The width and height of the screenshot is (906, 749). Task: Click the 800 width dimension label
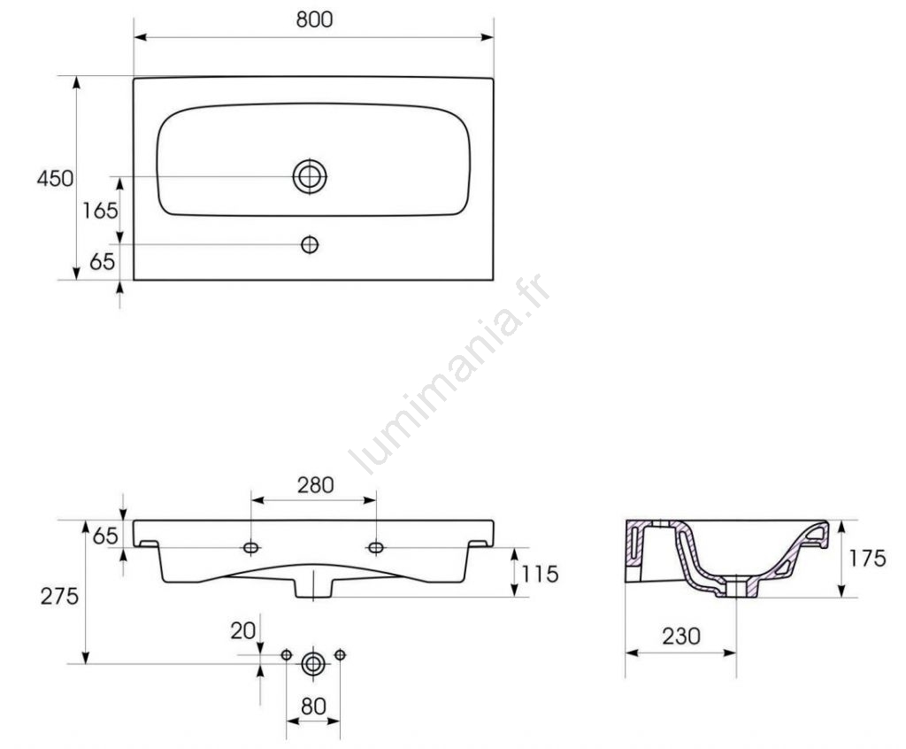[314, 19]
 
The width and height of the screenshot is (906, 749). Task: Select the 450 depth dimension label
[56, 178]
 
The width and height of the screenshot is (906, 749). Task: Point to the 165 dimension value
[100, 211]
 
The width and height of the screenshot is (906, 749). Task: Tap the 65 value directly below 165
[103, 261]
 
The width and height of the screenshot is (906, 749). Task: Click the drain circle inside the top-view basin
[310, 176]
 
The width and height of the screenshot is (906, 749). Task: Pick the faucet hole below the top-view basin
[310, 244]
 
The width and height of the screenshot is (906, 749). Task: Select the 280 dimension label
[316, 484]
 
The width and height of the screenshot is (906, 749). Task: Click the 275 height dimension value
[59, 596]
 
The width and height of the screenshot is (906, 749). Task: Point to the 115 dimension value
[541, 574]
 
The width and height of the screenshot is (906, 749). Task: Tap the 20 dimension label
[242, 630]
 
